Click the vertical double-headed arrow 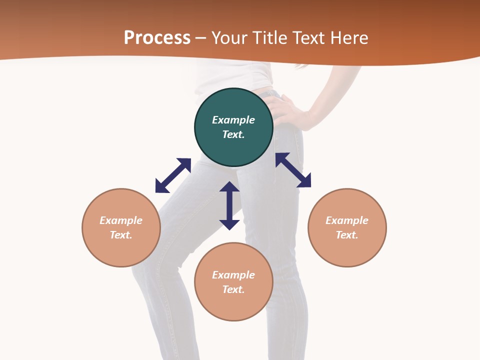[x=229, y=205]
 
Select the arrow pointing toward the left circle [x=173, y=175]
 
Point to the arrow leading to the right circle [x=293, y=170]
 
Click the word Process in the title [x=157, y=37]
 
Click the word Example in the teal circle [x=233, y=120]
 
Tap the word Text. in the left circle [x=121, y=235]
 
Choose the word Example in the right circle [x=347, y=220]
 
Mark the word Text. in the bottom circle [x=233, y=289]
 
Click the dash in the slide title [x=201, y=38]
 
